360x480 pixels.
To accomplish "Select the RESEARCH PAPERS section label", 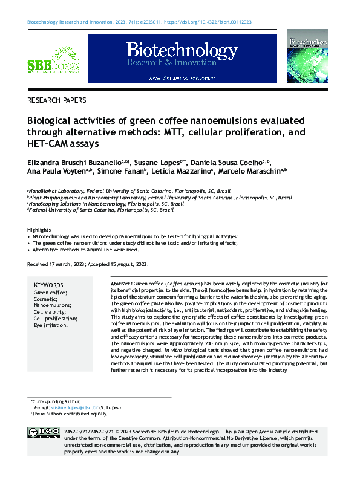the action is click(x=57, y=100).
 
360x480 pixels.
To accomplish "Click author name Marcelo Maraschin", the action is click(x=254, y=172).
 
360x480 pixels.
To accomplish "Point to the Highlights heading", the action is click(x=40, y=230).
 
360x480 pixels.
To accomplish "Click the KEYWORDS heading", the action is click(x=48, y=285).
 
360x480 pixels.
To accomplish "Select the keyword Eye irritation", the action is click(x=51, y=325).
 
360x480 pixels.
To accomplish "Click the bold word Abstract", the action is click(x=121, y=284).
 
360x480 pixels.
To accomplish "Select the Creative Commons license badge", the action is click(x=42, y=432).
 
